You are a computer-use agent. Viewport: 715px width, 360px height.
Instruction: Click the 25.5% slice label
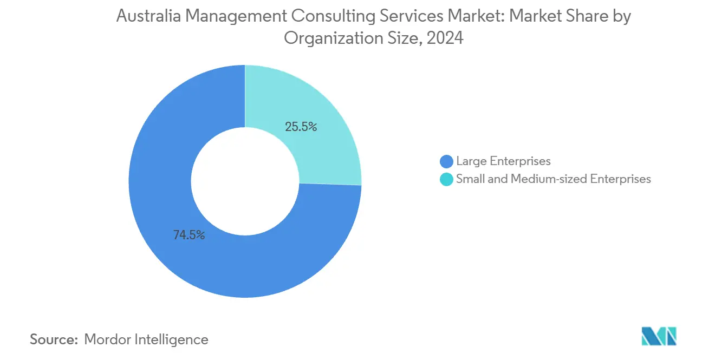coord(301,127)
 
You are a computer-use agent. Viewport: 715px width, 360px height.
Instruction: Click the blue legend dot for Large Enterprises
coord(446,161)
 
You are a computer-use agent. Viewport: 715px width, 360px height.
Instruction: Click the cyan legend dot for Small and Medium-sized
coord(446,179)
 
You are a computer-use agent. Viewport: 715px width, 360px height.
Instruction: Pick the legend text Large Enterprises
coord(503,161)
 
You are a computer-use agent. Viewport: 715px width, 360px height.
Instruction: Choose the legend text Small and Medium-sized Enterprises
coord(553,179)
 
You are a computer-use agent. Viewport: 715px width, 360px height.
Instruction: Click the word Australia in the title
coord(147,17)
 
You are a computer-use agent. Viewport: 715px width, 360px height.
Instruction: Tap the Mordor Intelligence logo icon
coord(659,336)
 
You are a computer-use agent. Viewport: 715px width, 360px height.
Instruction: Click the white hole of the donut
coord(245,181)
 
